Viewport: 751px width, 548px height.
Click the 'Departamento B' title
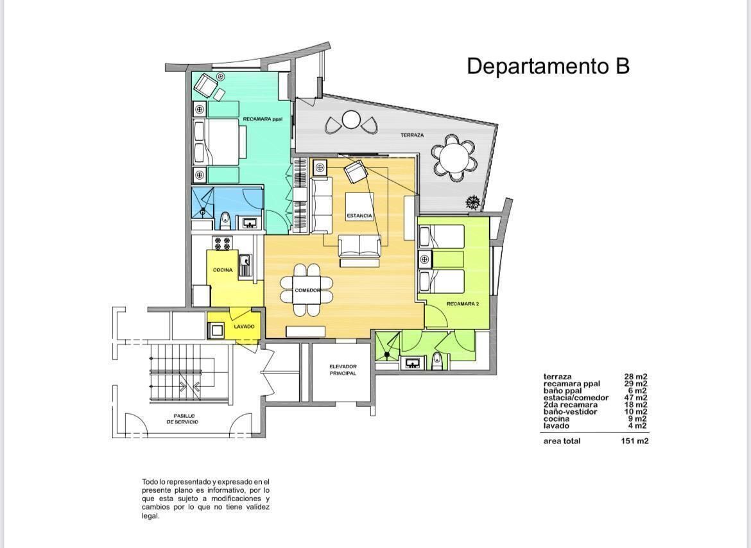pos(548,66)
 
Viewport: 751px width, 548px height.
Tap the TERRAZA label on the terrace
pos(412,135)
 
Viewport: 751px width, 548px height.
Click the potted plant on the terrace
pos(472,202)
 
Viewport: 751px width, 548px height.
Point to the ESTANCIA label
pos(359,216)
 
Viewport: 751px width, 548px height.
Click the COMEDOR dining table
pos(307,290)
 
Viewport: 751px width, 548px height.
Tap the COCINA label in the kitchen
pos(223,270)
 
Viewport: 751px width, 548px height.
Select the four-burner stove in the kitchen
pos(222,243)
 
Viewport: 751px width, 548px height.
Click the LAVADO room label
pos(244,327)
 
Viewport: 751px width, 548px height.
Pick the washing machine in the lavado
pos(216,330)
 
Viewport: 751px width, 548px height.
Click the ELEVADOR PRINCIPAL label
pos(343,370)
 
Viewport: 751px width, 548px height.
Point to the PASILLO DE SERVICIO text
pos(182,419)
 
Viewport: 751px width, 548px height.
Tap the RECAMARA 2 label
pos(463,304)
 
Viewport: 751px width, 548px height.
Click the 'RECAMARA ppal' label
pos(263,119)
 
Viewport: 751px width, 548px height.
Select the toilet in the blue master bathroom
pos(225,221)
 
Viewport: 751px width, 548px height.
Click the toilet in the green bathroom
pos(436,361)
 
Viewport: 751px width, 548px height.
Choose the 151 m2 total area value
pos(635,441)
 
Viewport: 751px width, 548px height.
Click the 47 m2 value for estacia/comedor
pos(635,397)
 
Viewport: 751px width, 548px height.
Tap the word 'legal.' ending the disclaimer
pos(150,517)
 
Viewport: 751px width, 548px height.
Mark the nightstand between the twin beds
pos(425,259)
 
